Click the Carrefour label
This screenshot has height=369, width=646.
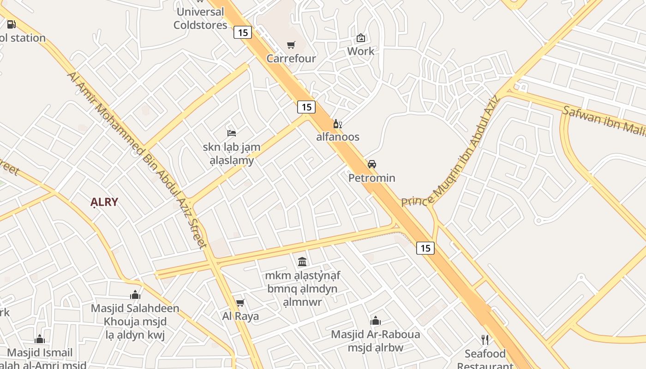[x=291, y=59]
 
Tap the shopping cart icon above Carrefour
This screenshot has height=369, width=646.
[x=291, y=45]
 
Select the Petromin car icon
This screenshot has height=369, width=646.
[x=371, y=164]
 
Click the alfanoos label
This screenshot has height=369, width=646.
[x=338, y=137]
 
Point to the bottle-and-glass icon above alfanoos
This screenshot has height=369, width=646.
[x=337, y=124]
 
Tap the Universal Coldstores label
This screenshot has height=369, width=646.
[x=200, y=18]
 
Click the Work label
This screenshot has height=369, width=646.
[x=360, y=51]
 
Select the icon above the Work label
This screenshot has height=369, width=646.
[x=360, y=38]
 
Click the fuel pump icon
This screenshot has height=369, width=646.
[x=11, y=24]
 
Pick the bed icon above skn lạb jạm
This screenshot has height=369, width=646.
[x=232, y=133]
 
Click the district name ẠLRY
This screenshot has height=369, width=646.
[x=104, y=202]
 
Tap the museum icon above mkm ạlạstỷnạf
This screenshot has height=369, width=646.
[x=302, y=262]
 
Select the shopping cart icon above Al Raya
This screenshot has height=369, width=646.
[x=240, y=303]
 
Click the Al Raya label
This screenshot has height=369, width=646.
[x=240, y=316]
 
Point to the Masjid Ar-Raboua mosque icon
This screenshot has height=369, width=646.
[x=376, y=321]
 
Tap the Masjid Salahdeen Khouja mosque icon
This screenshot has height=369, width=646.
[x=135, y=295]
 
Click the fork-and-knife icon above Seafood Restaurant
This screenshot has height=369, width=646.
[x=484, y=340]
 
